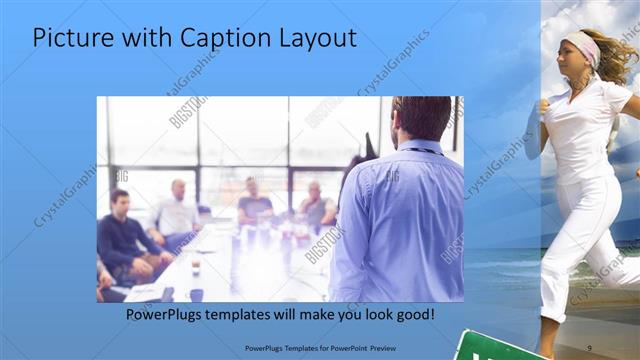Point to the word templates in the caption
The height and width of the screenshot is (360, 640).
[x=254, y=315]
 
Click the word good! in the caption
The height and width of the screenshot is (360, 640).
[x=413, y=315]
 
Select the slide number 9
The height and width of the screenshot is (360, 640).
[x=589, y=346]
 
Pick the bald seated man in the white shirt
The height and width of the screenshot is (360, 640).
[x=178, y=210]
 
